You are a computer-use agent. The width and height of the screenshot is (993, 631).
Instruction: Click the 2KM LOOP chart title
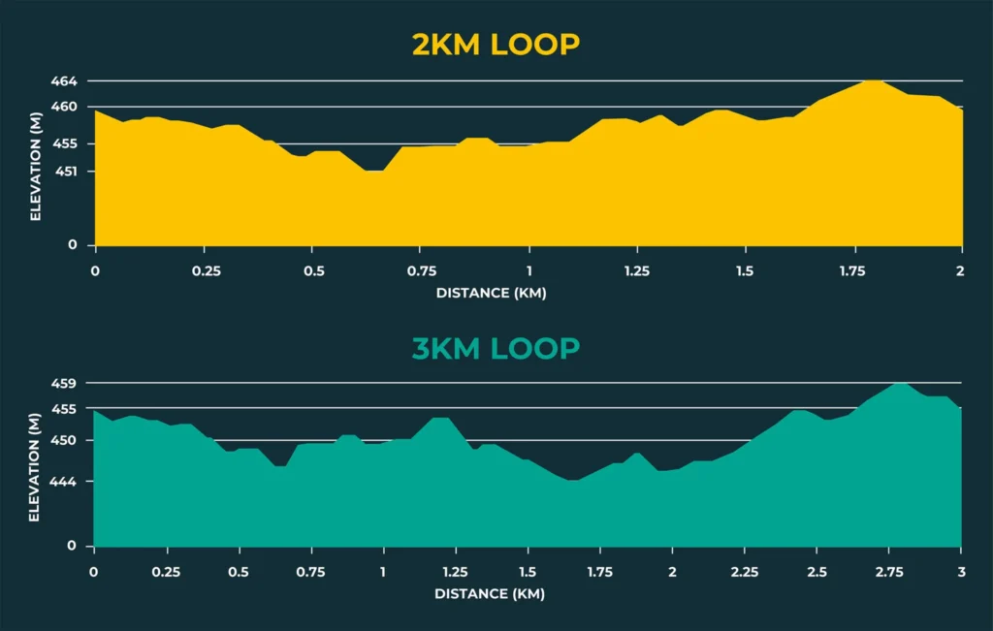[x=496, y=45]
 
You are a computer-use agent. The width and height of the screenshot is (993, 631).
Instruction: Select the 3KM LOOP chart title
[x=496, y=348]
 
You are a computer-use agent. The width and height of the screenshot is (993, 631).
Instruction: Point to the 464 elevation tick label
[x=65, y=81]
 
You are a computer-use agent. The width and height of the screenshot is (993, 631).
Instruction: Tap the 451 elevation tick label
[x=65, y=172]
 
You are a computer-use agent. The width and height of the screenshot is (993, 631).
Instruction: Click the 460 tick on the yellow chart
[x=65, y=107]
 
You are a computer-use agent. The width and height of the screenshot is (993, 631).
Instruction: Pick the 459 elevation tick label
[x=64, y=384]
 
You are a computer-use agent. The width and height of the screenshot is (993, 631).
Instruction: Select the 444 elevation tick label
[x=64, y=482]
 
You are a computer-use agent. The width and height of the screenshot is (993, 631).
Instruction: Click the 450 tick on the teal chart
[x=64, y=441]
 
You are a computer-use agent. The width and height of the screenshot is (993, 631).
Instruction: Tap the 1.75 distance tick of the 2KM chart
[x=852, y=270]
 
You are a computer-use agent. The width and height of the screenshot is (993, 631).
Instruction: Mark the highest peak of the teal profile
[x=902, y=384]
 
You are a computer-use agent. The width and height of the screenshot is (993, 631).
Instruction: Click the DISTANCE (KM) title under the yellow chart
[x=491, y=293]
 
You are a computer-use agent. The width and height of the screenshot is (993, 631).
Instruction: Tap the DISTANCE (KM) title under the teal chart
[x=490, y=593]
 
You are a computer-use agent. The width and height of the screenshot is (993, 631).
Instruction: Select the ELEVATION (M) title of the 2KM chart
[x=35, y=163]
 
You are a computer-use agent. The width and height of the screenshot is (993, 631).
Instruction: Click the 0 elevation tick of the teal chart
[x=71, y=546]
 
